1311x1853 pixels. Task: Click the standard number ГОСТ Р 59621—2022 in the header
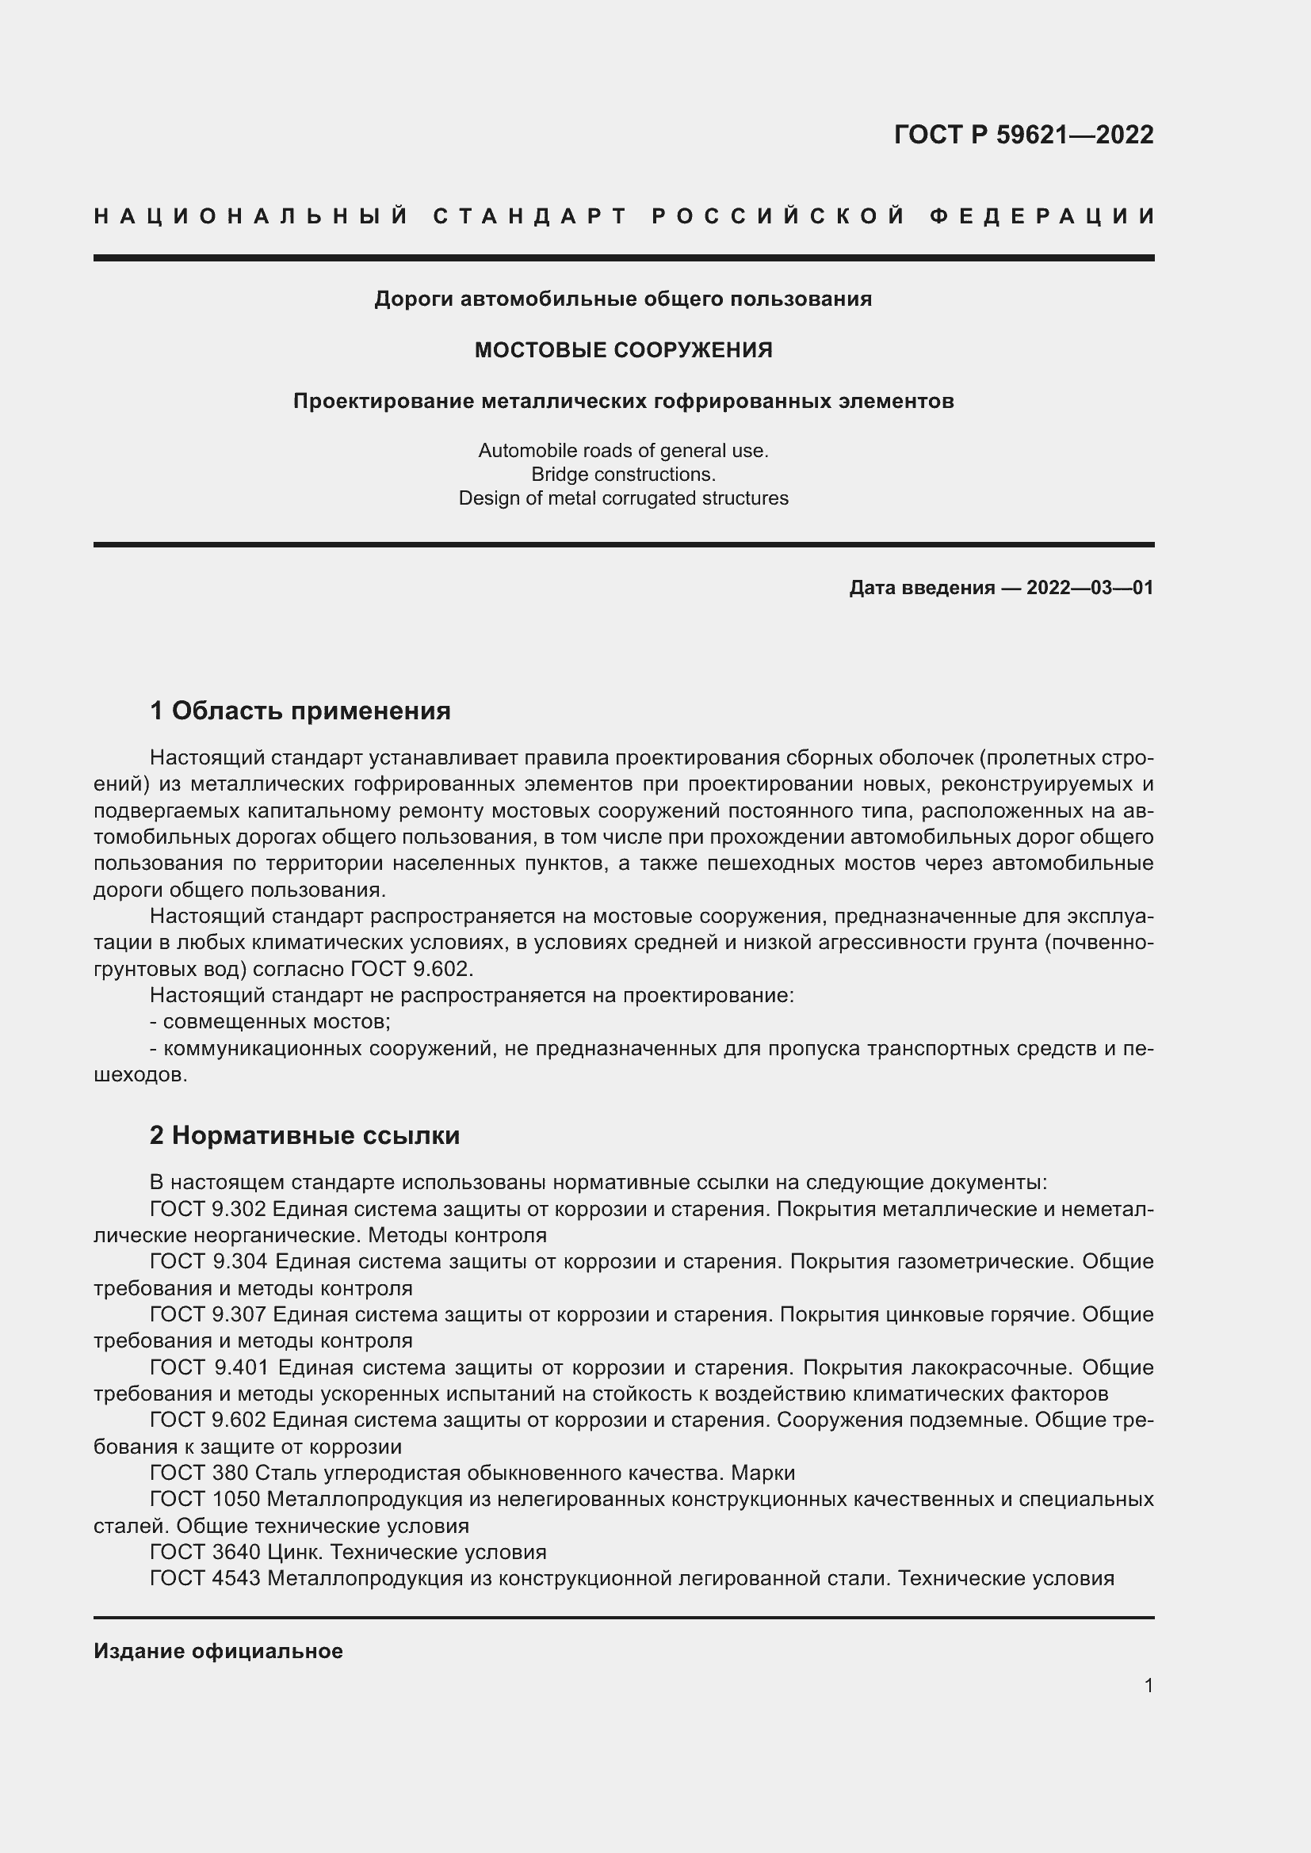(x=1022, y=135)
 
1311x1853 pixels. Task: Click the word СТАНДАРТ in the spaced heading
(x=530, y=216)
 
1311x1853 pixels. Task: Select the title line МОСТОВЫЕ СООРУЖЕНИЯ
(x=623, y=350)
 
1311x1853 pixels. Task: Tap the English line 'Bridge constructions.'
(x=623, y=475)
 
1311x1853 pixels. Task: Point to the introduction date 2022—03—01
(x=1090, y=588)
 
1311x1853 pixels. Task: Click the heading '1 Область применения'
(x=300, y=711)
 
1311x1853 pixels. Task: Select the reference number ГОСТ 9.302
(x=208, y=1209)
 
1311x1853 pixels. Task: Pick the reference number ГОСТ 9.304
(x=208, y=1261)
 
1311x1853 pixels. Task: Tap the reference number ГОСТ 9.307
(x=208, y=1315)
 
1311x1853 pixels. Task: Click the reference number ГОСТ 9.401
(x=208, y=1368)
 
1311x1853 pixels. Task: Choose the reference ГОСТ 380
(x=200, y=1473)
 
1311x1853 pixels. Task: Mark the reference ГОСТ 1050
(x=204, y=1500)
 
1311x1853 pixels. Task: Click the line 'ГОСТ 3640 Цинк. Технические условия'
(x=348, y=1552)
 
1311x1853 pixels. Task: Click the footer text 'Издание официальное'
(x=218, y=1651)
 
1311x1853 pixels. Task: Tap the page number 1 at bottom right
(x=1149, y=1685)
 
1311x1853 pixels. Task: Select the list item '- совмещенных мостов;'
(x=270, y=1022)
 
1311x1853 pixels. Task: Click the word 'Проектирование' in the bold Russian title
(x=384, y=401)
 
